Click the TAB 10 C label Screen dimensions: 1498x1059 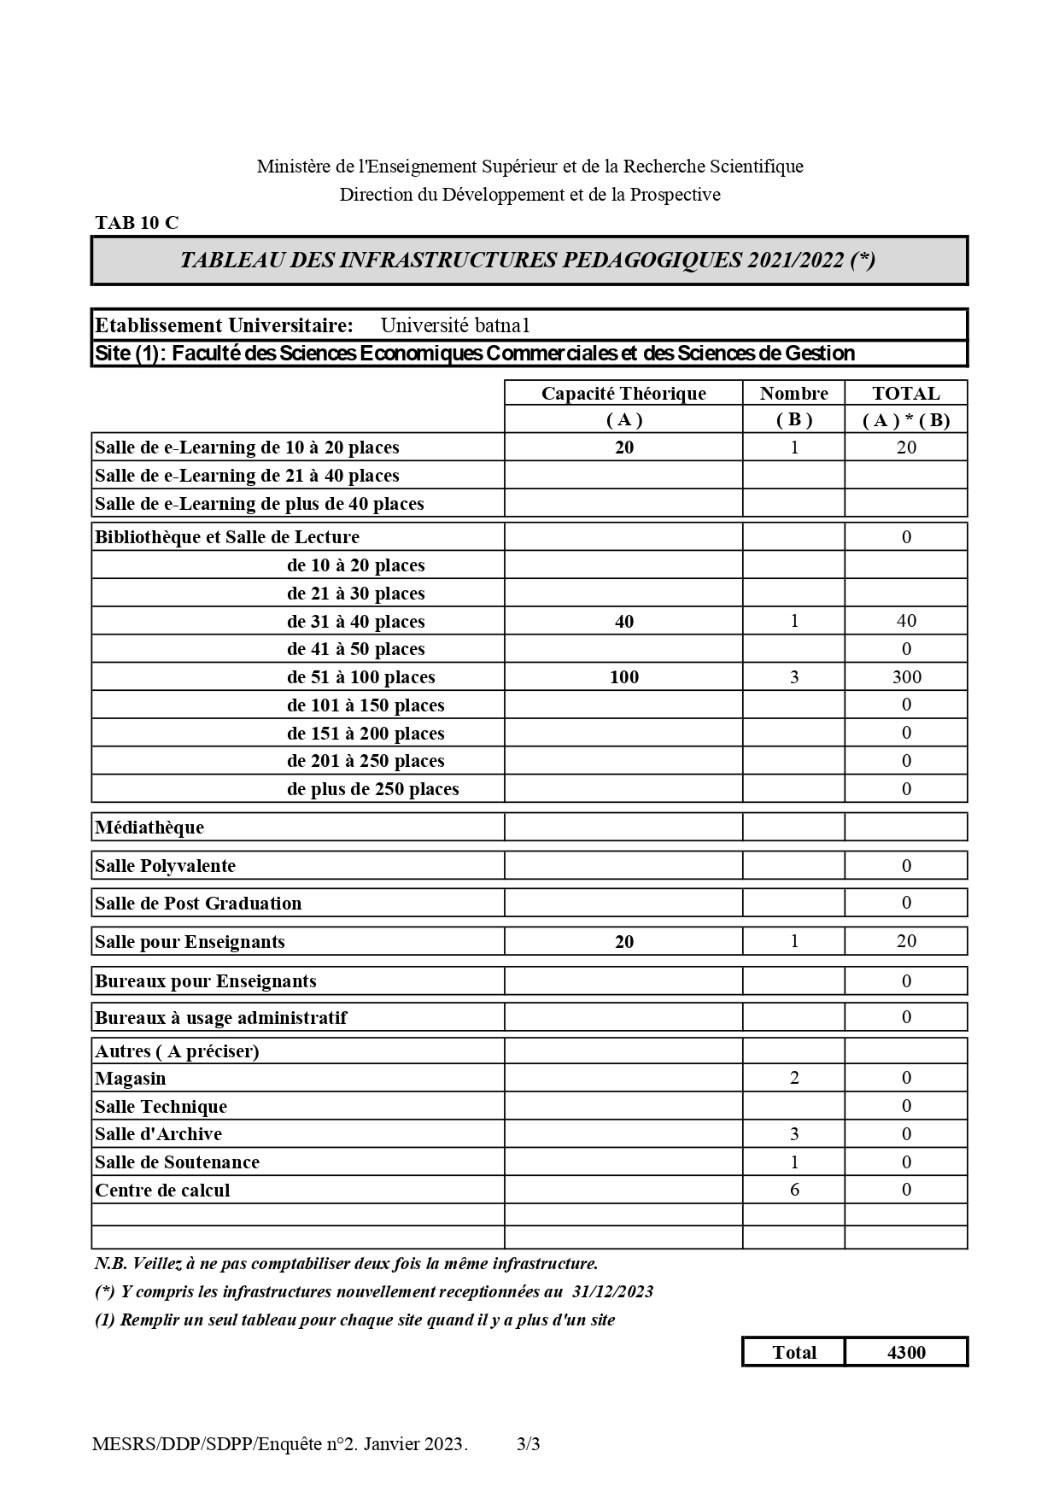point(137,223)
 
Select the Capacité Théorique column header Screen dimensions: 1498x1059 point(623,393)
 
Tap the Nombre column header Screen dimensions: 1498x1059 point(793,393)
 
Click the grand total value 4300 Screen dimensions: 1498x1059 point(906,1352)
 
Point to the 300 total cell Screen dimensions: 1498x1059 point(906,676)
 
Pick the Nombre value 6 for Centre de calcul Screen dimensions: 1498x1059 point(794,1190)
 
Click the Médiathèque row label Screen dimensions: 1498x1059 point(149,827)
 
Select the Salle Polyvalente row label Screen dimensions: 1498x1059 point(165,865)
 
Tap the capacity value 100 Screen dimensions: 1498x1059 point(624,677)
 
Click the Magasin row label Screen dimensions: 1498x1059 point(131,1078)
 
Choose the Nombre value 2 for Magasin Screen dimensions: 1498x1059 point(794,1078)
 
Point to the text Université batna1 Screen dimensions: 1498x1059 point(455,325)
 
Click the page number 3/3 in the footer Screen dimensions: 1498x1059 point(529,1444)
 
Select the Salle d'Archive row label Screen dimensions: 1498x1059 point(158,1133)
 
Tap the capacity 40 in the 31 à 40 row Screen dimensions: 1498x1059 point(624,622)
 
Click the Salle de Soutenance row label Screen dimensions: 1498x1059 point(177,1162)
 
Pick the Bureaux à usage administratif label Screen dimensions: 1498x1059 point(220,1017)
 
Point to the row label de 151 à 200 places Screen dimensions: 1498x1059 point(366,733)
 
